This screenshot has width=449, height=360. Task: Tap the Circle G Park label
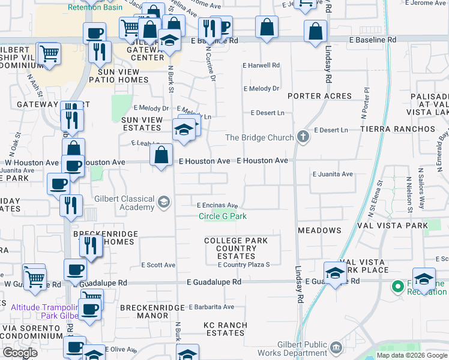click(223, 216)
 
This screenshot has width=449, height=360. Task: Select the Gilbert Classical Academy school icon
click(163, 202)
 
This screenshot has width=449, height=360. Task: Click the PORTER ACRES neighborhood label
click(319, 96)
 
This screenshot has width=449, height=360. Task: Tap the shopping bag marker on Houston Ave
click(161, 156)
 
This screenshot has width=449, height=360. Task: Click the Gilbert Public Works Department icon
click(336, 346)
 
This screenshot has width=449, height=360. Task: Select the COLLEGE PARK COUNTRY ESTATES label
click(236, 248)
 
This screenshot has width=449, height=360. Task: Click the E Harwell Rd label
click(261, 65)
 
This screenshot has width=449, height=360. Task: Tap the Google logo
click(20, 353)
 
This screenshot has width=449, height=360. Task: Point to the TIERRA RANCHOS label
click(397, 129)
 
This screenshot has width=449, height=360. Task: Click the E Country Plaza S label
click(244, 265)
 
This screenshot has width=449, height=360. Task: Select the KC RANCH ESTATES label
click(225, 329)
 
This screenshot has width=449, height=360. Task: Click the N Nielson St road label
click(409, 196)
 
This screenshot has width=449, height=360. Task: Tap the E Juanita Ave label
click(332, 174)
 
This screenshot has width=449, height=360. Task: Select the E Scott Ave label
click(158, 265)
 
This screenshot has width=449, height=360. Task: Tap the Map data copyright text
click(411, 355)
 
